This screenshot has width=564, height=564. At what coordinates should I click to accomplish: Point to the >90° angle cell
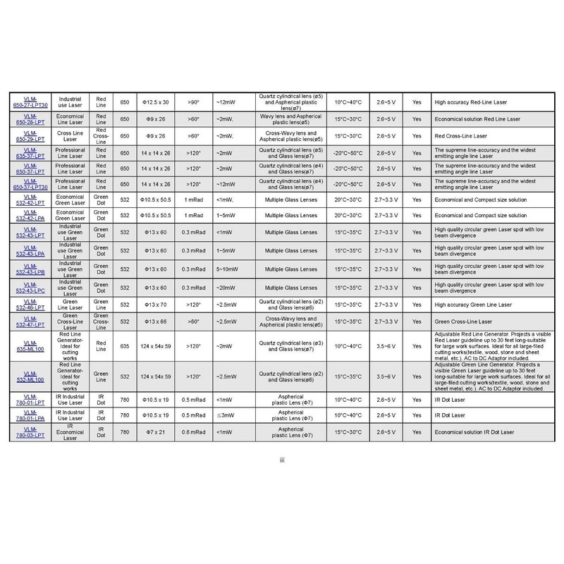tap(192, 101)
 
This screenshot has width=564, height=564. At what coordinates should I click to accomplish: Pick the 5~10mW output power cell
tap(229, 269)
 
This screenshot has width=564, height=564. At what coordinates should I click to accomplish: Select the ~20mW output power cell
tap(229, 286)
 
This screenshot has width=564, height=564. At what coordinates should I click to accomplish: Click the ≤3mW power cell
tap(229, 415)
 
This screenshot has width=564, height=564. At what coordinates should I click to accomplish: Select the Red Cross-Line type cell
tap(101, 135)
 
